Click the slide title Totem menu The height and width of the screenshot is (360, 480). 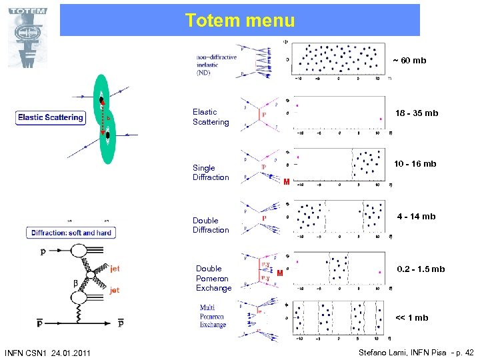click(240, 21)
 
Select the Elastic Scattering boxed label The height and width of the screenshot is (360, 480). click(51, 117)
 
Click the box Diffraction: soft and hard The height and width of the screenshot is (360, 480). click(71, 233)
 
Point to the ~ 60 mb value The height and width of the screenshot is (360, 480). click(409, 61)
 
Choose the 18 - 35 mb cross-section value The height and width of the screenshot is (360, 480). click(417, 113)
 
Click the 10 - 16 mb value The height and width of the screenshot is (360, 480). click(415, 164)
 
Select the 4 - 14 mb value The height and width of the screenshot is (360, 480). click(416, 217)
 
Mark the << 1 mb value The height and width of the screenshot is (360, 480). click(411, 318)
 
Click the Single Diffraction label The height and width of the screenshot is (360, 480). click(211, 173)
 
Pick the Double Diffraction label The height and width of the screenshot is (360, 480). click(211, 225)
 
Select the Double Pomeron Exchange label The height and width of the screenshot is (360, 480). click(213, 279)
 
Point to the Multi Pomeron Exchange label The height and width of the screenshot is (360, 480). click(213, 317)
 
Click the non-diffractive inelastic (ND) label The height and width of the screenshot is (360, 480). click(216, 65)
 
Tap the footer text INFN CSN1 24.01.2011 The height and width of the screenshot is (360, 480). click(47, 352)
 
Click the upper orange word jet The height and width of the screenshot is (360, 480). click(115, 269)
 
